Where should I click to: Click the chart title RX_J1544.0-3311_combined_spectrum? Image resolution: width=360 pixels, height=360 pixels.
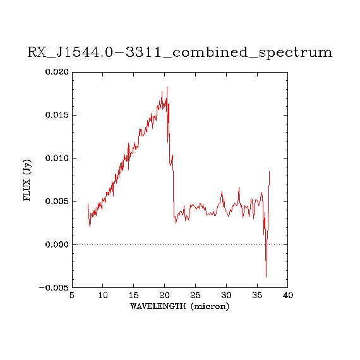click(180, 52)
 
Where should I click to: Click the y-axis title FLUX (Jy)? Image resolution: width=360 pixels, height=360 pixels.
click(27, 180)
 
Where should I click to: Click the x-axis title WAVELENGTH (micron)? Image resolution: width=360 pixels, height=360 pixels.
click(180, 306)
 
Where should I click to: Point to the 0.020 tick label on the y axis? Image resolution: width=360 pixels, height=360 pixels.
click(57, 72)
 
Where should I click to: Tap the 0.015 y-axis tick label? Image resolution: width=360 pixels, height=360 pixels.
click(57, 115)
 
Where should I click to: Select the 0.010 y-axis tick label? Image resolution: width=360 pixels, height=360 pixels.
click(57, 158)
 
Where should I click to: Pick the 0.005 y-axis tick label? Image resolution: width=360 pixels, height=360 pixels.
click(57, 201)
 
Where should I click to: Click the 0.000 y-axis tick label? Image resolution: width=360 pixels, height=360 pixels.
click(57, 244)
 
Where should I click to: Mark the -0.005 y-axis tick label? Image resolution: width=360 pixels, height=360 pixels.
click(54, 287)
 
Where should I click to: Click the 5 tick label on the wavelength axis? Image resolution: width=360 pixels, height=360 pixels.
click(72, 295)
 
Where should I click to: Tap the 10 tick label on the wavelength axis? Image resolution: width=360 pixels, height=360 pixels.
click(103, 295)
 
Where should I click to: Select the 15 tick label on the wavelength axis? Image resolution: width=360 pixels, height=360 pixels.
click(134, 295)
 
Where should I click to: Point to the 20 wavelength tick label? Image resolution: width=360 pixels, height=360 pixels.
click(164, 295)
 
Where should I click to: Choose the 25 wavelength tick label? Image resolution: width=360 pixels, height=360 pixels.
click(195, 295)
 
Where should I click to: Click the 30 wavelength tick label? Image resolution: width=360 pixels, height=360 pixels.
click(226, 295)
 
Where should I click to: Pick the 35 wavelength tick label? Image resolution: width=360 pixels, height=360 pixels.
click(257, 295)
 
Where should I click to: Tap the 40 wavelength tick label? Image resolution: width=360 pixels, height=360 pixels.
click(288, 295)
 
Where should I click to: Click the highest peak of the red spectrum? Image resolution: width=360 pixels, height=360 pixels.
click(167, 87)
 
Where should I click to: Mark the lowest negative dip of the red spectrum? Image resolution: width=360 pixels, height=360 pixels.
click(266, 277)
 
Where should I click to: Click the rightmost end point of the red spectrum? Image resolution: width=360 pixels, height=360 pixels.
click(269, 172)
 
